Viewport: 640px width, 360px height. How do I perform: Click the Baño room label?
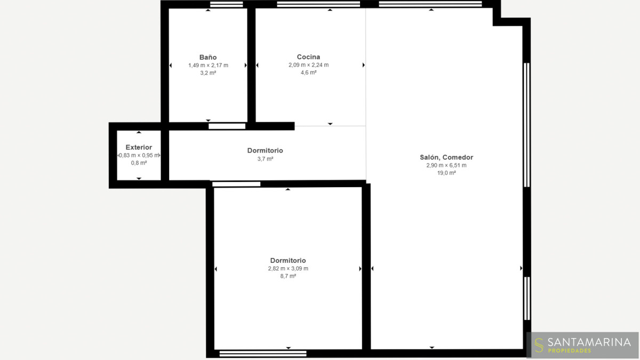coord(208,57)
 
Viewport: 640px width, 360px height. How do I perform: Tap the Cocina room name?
coord(308,57)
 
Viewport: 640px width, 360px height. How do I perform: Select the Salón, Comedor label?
coord(446,157)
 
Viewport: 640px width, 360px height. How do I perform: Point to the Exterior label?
coord(139,147)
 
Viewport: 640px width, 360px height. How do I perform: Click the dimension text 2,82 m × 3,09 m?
coord(288,269)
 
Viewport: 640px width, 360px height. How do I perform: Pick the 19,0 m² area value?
coord(446,173)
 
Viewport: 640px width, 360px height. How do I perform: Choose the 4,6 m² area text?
coord(309,73)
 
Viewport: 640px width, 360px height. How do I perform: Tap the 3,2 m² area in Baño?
coord(208,73)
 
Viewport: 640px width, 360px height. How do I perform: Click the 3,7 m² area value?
coord(265,159)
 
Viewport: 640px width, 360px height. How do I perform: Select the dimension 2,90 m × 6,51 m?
coord(446,165)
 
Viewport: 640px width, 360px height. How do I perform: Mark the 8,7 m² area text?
coord(288,276)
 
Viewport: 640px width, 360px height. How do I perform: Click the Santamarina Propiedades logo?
coord(582,345)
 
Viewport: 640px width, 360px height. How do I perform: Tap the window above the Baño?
coord(227,4)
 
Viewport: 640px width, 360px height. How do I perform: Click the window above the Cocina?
coord(318,4)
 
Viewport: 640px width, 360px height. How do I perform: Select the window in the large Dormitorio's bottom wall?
coord(263,354)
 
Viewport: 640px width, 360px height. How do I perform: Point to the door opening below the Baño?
coord(227,126)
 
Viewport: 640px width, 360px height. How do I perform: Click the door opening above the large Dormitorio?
coord(236,185)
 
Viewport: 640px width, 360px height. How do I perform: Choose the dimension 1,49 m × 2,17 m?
coord(208,66)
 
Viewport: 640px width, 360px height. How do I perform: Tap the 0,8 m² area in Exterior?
coord(139,163)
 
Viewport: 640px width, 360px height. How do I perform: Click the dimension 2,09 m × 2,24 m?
coord(309,65)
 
